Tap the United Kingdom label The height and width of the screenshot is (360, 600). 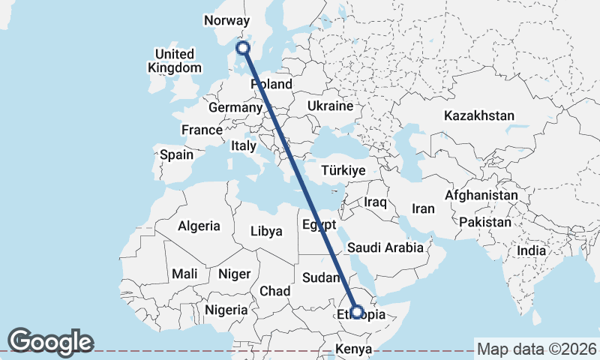174,61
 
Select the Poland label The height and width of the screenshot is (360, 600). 271,84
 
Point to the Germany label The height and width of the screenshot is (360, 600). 234,108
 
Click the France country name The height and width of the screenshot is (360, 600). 202,130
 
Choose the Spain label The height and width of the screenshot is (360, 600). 176,155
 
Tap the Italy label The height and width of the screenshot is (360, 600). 244,145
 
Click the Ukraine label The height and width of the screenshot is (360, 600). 329,106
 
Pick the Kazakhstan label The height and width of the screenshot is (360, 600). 478,115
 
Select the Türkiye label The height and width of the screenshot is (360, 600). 343,171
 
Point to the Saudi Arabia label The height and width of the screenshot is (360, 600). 385,247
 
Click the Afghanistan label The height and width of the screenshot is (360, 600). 481,195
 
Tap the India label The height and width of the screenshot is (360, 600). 532,250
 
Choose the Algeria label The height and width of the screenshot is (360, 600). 199,226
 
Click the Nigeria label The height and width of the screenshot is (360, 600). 226,309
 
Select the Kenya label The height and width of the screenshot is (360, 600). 353,349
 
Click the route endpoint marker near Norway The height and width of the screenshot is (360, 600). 242,49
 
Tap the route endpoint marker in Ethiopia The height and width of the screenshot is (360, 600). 357,312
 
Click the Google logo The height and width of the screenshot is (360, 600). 50,342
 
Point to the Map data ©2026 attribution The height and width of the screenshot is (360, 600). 537,349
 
